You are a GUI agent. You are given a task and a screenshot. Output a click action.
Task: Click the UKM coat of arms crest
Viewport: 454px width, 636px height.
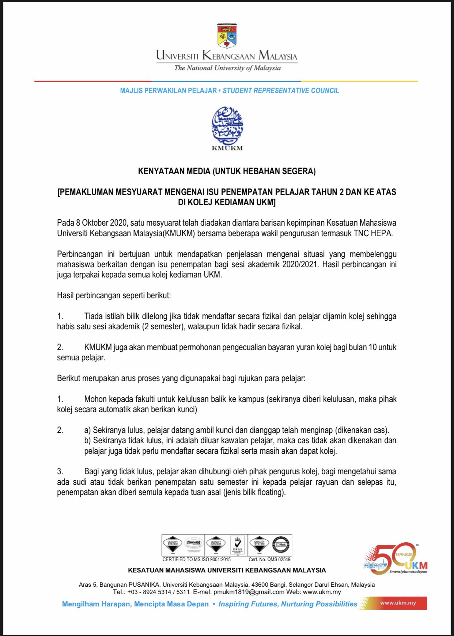(x=227, y=35)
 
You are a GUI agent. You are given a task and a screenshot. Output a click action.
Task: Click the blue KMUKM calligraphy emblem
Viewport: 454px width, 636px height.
(x=227, y=125)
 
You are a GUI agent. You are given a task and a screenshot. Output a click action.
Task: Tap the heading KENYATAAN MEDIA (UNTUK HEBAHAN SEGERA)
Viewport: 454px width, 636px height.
(x=227, y=171)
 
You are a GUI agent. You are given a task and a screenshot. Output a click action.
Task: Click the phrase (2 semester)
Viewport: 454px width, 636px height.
(x=163, y=326)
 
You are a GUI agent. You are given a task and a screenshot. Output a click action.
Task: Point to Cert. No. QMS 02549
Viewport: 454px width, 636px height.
(x=269, y=559)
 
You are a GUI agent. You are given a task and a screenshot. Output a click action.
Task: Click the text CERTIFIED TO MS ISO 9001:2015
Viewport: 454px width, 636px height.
(x=196, y=559)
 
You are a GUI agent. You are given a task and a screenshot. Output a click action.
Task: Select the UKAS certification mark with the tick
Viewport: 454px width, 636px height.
(x=238, y=545)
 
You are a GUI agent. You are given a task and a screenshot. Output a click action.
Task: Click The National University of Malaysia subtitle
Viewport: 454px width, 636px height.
(x=227, y=68)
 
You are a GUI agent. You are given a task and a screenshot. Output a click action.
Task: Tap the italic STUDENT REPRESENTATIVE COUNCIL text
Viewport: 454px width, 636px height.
(x=281, y=91)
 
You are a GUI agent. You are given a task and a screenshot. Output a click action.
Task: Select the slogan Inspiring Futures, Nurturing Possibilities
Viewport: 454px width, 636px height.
(x=288, y=604)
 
